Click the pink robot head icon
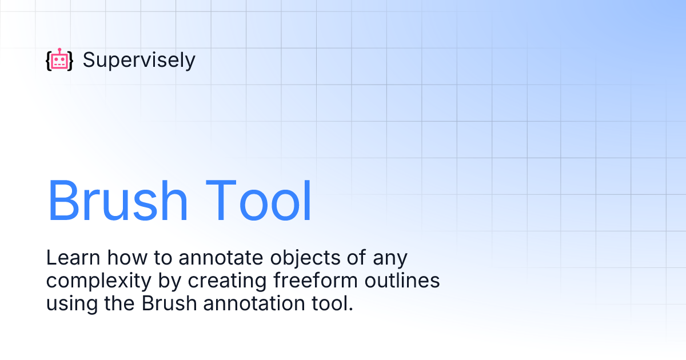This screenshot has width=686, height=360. pyautogui.click(x=59, y=62)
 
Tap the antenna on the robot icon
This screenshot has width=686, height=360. pyautogui.click(x=59, y=50)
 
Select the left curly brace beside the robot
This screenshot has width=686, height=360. pyautogui.click(x=48, y=61)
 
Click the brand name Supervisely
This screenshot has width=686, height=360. pyautogui.click(x=139, y=60)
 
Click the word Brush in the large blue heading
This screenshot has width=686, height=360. pyautogui.click(x=117, y=201)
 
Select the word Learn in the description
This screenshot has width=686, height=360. pyautogui.click(x=66, y=258)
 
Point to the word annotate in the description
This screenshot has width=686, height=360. pyautogui.click(x=217, y=258)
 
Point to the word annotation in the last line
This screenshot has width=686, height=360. pyautogui.click(x=255, y=303)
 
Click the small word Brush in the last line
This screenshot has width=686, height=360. pyautogui.click(x=166, y=303)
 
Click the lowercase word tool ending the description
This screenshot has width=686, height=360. pyautogui.click(x=332, y=303)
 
